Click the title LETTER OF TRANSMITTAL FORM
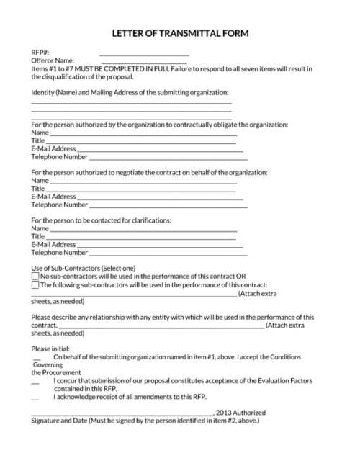(x=181, y=33)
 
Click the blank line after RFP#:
(x=144, y=54)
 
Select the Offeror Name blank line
(x=144, y=62)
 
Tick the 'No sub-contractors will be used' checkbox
(x=35, y=276)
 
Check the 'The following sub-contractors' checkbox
(x=35, y=284)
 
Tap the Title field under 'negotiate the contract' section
(x=141, y=189)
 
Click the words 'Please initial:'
(x=50, y=349)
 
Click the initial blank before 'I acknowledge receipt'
(x=35, y=398)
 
